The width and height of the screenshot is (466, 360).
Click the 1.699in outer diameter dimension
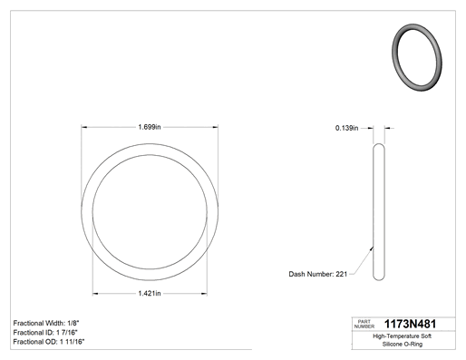tap(150, 127)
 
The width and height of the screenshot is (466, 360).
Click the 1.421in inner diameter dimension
tap(150, 293)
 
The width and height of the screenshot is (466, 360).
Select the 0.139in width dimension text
tap(346, 128)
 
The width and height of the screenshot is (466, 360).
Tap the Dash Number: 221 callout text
tap(318, 274)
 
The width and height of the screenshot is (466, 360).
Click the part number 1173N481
tap(410, 324)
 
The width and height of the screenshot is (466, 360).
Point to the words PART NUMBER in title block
tap(364, 324)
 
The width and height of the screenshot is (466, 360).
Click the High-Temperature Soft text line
tap(403, 336)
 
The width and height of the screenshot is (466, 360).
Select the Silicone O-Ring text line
tap(403, 344)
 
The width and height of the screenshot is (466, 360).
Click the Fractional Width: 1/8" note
tap(46, 323)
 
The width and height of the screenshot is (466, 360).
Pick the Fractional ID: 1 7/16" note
tap(45, 333)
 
